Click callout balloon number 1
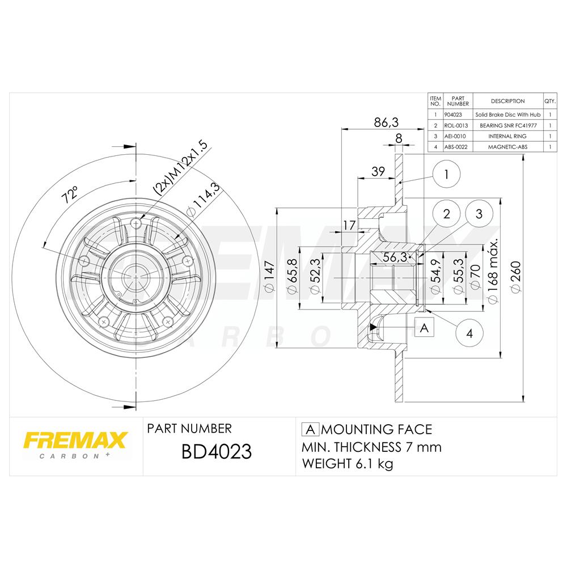click(x=446, y=175)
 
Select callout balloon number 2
click(x=446, y=214)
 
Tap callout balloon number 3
click(x=479, y=214)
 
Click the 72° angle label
click(x=71, y=194)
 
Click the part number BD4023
click(x=215, y=452)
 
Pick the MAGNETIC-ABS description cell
click(x=507, y=147)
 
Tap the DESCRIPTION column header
click(x=507, y=101)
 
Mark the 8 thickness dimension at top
click(x=399, y=137)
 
